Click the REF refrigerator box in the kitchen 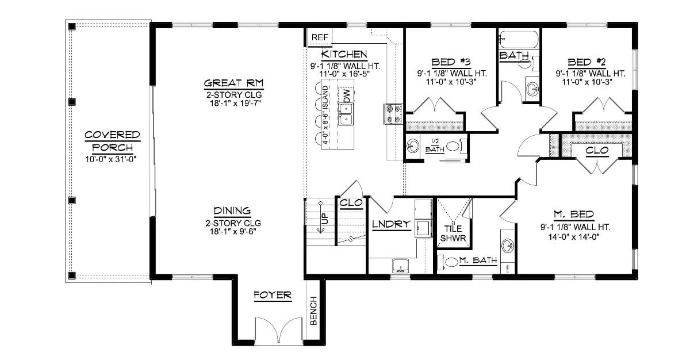coord(320,37)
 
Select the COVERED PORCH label coord(113,141)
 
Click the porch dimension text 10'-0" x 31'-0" coord(113,159)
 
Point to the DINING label coord(232,210)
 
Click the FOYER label coord(273,296)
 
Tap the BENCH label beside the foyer coord(313,311)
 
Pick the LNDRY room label coord(390,224)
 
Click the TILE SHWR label coord(454,233)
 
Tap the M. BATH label coord(478,261)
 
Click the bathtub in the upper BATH coord(519,40)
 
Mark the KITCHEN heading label coord(344,54)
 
